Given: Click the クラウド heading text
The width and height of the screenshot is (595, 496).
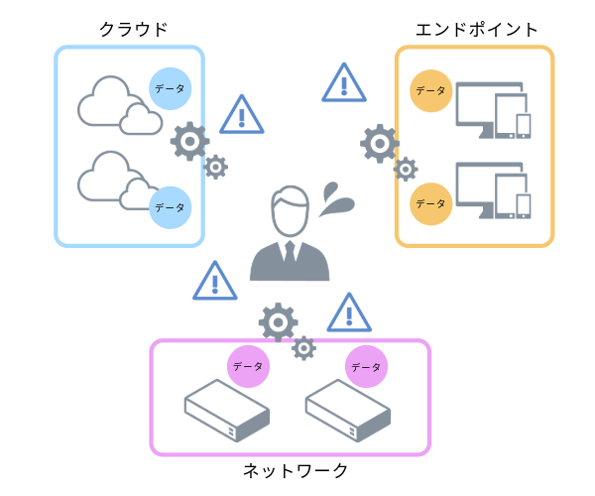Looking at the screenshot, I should tap(133, 30).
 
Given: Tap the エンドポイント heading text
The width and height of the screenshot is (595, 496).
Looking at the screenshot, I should tap(478, 30).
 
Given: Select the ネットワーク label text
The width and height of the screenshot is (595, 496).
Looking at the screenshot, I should tap(296, 469).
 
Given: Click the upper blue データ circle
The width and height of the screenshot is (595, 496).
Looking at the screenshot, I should tap(170, 88).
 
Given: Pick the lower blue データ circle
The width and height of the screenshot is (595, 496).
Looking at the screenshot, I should tap(170, 206).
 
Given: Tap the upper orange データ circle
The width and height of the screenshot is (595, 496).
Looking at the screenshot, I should tap(430, 90).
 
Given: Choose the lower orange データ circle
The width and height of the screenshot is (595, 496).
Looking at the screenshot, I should tap(430, 202).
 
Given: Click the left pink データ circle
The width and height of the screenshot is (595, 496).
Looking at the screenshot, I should tap(247, 366).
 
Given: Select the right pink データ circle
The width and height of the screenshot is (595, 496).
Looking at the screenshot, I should tap(366, 366).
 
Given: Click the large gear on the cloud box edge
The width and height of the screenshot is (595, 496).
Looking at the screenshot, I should tap(189, 142).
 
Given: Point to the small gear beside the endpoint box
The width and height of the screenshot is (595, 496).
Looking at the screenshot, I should tap(405, 169).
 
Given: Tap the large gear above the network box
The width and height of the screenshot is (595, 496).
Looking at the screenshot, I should tap(278, 322).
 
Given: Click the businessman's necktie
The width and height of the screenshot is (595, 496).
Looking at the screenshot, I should tap(289, 255).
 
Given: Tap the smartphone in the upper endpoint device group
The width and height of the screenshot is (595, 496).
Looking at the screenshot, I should tap(523, 125).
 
